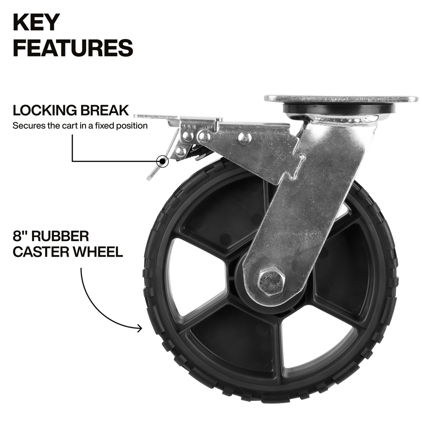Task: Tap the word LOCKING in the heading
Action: (x=45, y=111)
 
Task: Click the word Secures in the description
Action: (x=25, y=126)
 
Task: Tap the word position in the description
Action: (x=133, y=126)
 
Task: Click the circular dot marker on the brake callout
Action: (x=162, y=161)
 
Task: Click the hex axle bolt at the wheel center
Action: (x=271, y=281)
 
